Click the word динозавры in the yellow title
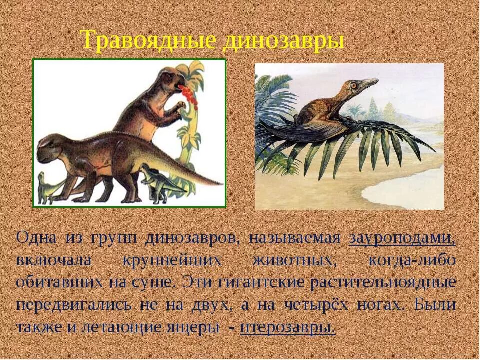[283, 40]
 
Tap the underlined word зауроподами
[402, 238]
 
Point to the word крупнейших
[172, 260]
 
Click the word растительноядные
[383, 282]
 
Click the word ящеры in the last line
[195, 327]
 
